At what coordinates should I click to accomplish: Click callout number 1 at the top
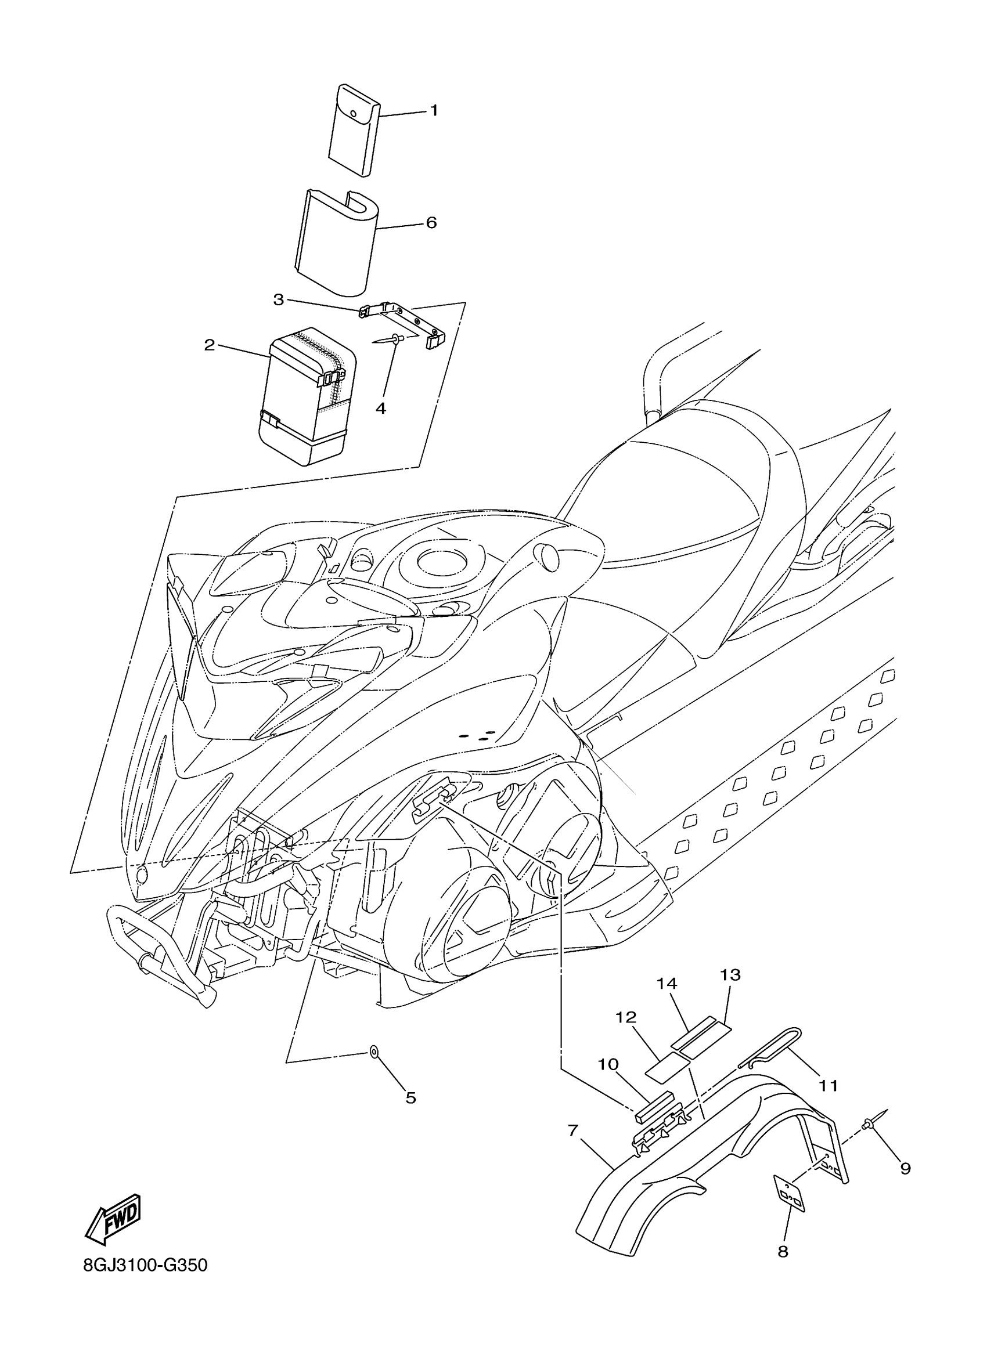pyautogui.click(x=433, y=110)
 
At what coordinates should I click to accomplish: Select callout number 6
pyautogui.click(x=431, y=223)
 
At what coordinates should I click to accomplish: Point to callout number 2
pyautogui.click(x=209, y=345)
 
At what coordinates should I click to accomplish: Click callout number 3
pyautogui.click(x=278, y=299)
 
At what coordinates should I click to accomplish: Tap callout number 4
pyautogui.click(x=380, y=409)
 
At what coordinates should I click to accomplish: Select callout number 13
pyautogui.click(x=730, y=975)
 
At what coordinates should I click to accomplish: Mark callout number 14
pyautogui.click(x=667, y=984)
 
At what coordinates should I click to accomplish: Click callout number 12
pyautogui.click(x=625, y=1017)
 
